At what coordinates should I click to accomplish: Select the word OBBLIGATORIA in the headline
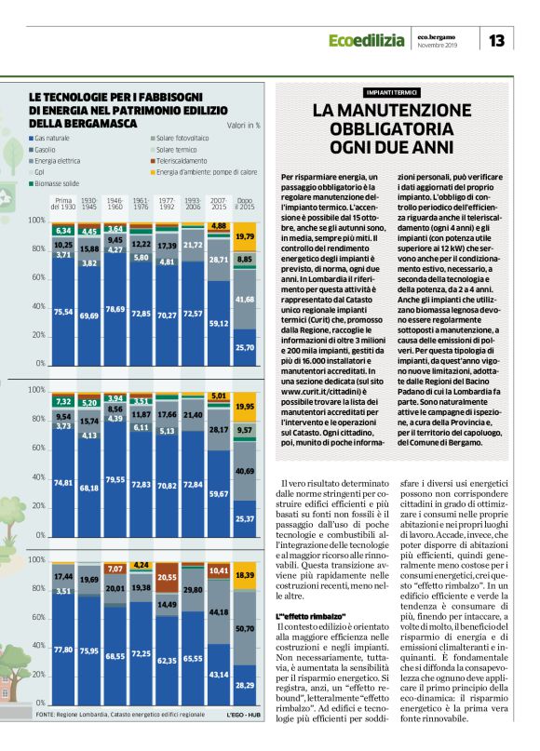391,128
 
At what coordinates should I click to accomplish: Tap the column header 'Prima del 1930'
63,203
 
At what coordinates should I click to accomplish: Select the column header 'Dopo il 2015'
245,203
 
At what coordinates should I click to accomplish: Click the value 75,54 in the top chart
63,312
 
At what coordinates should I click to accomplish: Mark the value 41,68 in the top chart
245,299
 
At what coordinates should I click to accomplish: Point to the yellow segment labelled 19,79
245,237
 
